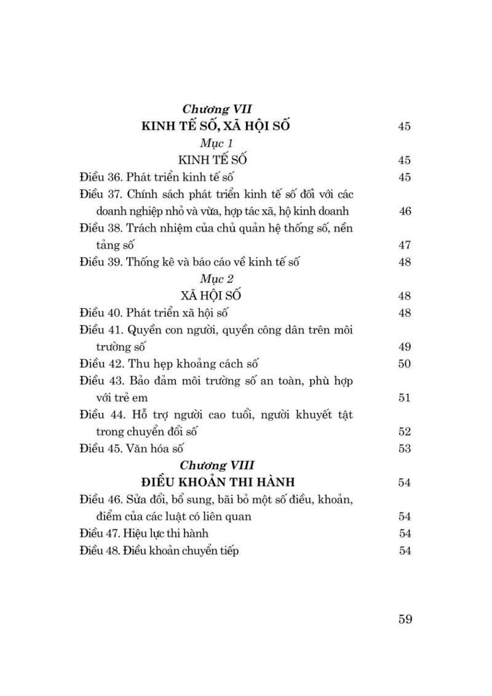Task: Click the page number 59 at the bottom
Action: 405,618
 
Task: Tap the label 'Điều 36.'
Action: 100,177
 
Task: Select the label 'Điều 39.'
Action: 100,262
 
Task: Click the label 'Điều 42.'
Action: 100,364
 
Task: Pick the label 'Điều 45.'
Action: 100,449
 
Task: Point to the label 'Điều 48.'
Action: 100,551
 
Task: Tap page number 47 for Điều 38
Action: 405,246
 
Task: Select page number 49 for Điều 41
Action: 405,347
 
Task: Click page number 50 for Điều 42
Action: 405,364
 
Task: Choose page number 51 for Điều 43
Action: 405,398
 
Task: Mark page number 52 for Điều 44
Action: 405,432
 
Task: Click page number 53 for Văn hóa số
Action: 405,449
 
